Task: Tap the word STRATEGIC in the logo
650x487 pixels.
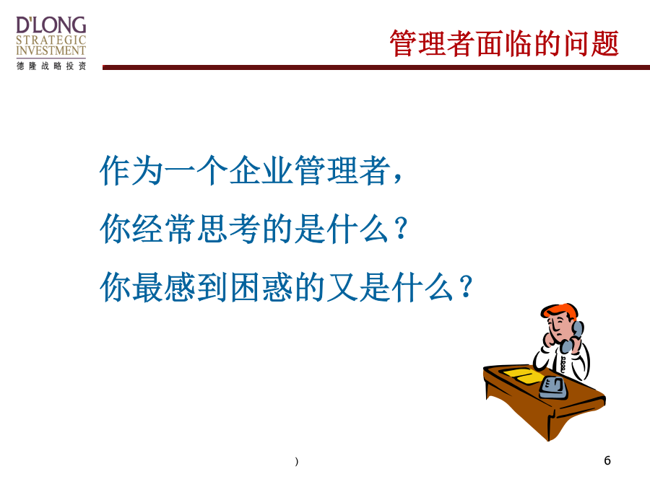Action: pos(51,40)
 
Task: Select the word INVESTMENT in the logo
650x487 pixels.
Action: pos(51,51)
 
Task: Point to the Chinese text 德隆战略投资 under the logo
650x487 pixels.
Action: pos(51,66)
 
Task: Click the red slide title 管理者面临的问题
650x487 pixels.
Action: pos(504,43)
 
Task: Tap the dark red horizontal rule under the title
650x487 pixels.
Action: pos(376,67)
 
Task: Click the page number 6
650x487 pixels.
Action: pos(607,460)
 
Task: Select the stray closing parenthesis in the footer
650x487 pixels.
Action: pos(296,461)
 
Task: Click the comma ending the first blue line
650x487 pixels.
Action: pos(398,178)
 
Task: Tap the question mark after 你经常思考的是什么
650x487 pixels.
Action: pos(401,228)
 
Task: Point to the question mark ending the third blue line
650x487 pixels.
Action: pos(466,286)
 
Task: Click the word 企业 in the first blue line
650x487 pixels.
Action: pos(261,170)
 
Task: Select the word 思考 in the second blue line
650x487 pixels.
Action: pos(228,229)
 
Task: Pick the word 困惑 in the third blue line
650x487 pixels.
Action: pos(261,286)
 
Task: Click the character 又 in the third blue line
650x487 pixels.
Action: pos(342,286)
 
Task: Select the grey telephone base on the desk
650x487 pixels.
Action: pos(553,388)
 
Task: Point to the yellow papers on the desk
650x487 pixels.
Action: pos(521,374)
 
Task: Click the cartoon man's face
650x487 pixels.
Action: pos(558,326)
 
